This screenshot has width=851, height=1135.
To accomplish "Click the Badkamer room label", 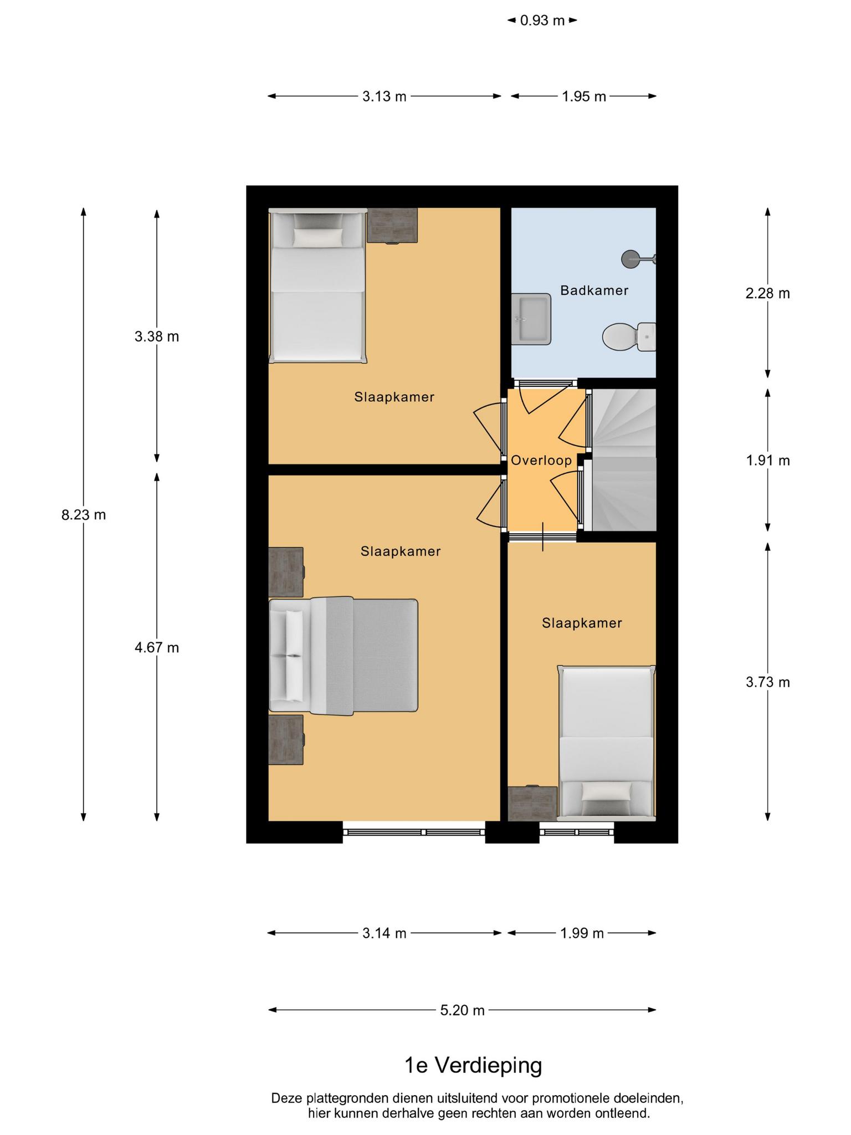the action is click(x=594, y=290).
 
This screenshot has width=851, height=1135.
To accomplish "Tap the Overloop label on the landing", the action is click(x=541, y=461).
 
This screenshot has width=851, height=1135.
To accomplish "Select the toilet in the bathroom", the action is click(x=629, y=336).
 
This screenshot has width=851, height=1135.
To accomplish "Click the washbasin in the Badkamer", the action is click(x=531, y=319).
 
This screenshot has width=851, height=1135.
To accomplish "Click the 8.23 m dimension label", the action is click(x=84, y=515).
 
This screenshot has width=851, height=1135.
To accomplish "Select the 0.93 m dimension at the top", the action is click(x=542, y=21).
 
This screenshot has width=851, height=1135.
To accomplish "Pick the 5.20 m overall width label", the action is click(x=462, y=1010).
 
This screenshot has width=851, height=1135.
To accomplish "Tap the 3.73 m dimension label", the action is click(x=767, y=682).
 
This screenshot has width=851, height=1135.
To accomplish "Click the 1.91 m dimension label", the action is click(x=767, y=461).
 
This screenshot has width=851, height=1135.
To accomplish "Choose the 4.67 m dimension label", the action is click(x=157, y=647).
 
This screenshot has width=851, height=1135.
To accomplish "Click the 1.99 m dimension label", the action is click(x=582, y=933).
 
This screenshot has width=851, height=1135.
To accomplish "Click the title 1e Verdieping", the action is click(x=473, y=1065).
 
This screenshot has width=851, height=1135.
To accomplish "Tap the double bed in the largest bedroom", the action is click(x=343, y=656).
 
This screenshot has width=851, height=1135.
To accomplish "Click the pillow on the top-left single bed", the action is click(x=318, y=238).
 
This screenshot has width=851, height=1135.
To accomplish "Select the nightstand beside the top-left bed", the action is click(x=392, y=226).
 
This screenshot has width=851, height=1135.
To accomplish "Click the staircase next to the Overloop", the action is click(x=624, y=459).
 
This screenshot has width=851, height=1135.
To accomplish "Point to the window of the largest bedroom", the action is click(x=414, y=832).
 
